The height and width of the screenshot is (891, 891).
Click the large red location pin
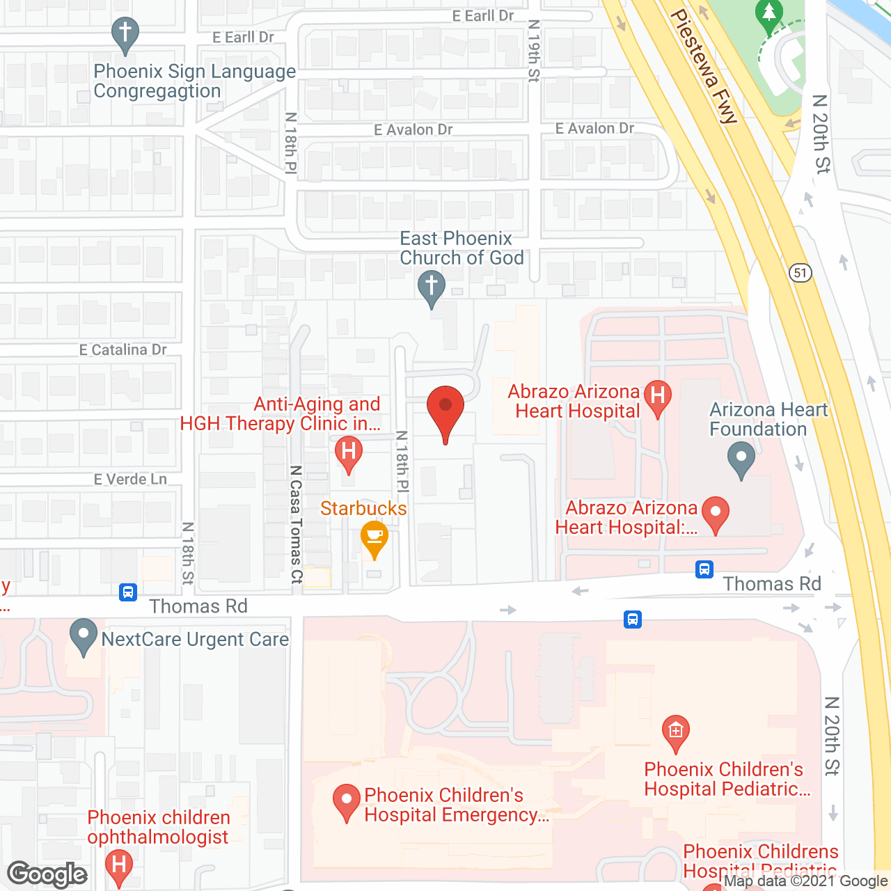click(x=445, y=411)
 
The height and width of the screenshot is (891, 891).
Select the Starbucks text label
click(x=363, y=509)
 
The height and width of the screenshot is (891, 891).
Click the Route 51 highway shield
click(x=801, y=272)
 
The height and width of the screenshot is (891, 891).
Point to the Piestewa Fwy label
click(x=703, y=66)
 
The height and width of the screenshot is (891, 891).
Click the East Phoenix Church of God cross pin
click(x=431, y=287)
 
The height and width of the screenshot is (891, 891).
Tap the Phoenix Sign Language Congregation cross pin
click(x=125, y=34)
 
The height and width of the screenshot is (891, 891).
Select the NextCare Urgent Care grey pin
click(x=84, y=636)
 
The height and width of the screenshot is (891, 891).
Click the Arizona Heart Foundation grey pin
click(x=741, y=460)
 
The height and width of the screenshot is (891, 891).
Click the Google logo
click(x=47, y=874)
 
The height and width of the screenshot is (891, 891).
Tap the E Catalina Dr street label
click(x=123, y=349)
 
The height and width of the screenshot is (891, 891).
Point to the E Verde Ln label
click(x=130, y=479)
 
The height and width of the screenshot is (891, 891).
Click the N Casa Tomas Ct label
click(x=297, y=524)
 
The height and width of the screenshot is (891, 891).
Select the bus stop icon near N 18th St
click(x=127, y=592)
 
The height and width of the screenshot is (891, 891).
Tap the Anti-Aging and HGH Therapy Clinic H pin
click(x=349, y=452)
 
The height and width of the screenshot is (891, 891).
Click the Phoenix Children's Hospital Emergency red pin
click(x=346, y=801)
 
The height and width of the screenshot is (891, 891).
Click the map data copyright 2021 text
click(x=805, y=881)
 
